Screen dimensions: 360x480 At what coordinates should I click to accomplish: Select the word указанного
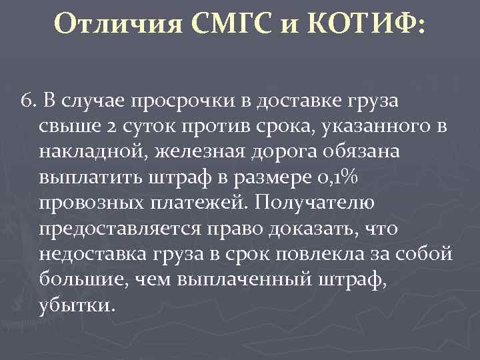pyautogui.click(x=363, y=127)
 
